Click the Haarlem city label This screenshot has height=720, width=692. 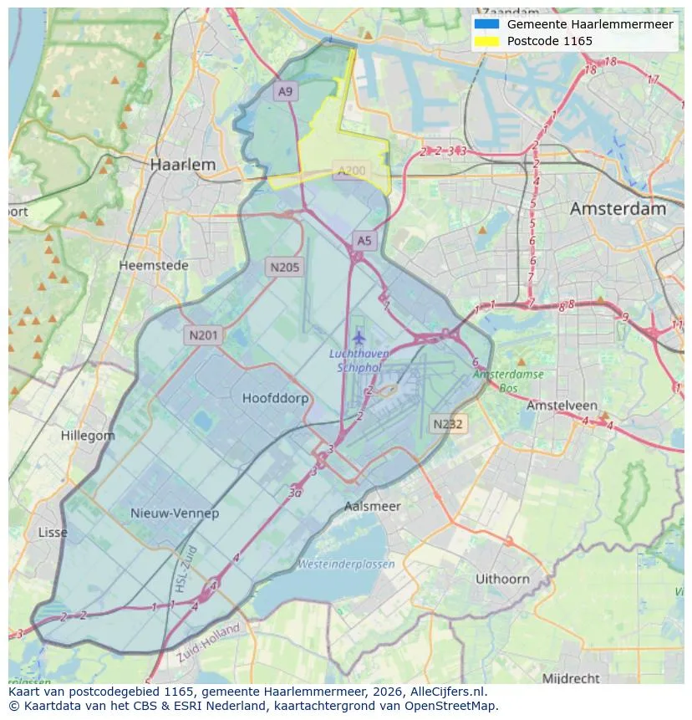182,165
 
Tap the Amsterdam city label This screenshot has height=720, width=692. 618,209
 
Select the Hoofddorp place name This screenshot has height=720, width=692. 275,398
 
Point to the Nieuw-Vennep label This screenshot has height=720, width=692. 175,513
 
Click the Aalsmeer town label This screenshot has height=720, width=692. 373,506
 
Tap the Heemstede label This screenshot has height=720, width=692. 154,265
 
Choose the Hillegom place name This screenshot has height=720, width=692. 88,436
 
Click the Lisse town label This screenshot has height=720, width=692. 53,533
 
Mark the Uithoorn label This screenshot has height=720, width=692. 502,579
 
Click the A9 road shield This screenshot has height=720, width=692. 286,91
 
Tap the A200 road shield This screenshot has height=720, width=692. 351,171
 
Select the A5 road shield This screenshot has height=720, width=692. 364,241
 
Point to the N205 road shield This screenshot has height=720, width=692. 285,268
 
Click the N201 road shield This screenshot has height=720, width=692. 203,335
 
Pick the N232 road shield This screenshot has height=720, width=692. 448,424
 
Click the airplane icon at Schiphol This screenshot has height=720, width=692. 359,338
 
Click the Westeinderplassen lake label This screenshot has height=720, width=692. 346,564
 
